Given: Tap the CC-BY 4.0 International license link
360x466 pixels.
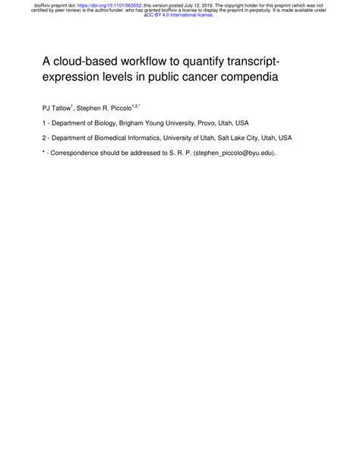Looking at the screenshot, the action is [179, 15].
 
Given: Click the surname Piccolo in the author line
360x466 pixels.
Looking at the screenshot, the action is [118, 108].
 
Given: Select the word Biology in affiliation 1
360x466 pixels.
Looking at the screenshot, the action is [107, 122].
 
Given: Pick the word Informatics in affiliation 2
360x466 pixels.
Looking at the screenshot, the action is [155, 138].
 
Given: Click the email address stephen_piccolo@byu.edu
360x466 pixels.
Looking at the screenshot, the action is [233, 153].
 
